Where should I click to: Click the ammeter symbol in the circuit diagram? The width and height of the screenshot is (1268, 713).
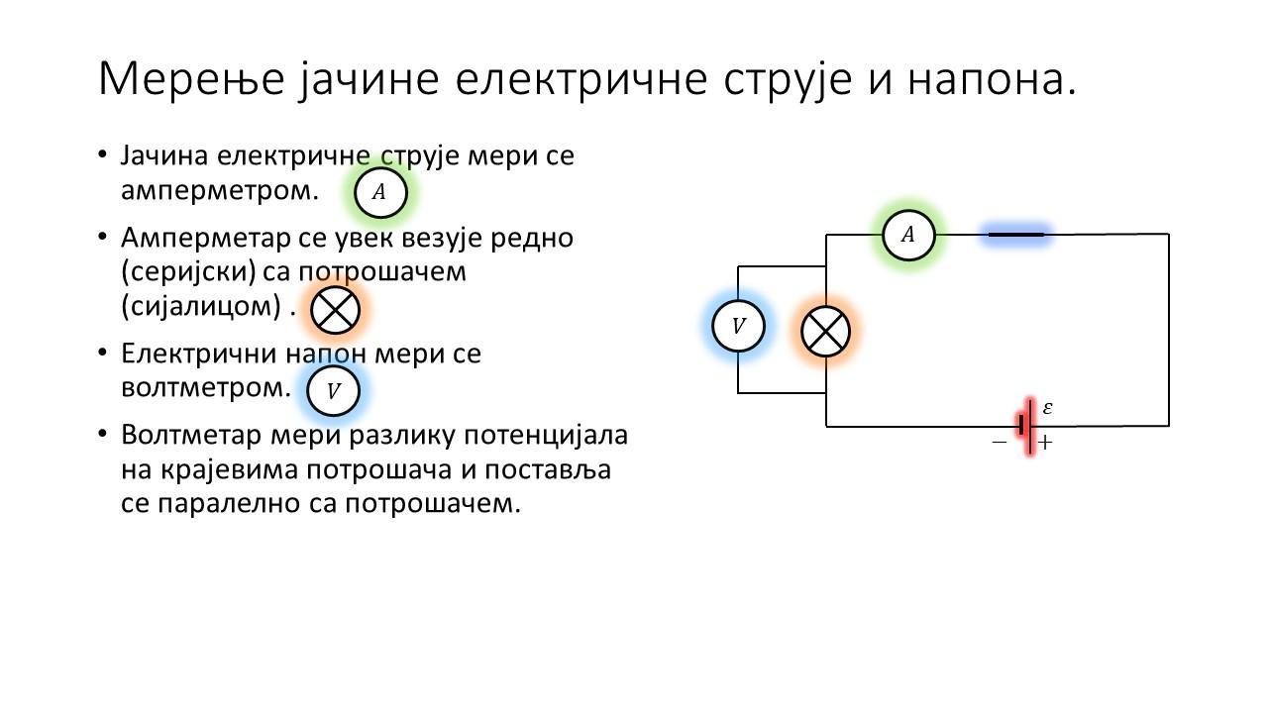click(x=908, y=235)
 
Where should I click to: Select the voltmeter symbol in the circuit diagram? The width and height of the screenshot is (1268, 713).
click(x=738, y=326)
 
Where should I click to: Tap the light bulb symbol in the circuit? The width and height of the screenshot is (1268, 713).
click(x=826, y=332)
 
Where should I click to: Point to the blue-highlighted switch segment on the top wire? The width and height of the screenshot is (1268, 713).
click(x=1016, y=234)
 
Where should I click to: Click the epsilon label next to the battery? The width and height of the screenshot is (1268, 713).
click(x=1047, y=407)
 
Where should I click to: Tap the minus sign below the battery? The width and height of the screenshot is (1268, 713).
click(x=1000, y=442)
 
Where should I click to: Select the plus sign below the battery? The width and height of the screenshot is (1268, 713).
click(x=1045, y=442)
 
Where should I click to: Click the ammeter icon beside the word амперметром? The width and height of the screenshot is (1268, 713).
click(x=380, y=192)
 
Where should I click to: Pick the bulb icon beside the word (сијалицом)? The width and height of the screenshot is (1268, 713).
click(x=335, y=310)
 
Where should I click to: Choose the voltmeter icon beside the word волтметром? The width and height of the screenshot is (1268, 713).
click(x=334, y=390)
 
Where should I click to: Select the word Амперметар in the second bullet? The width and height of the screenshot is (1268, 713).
click(x=205, y=239)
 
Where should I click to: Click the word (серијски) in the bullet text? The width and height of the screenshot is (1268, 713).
click(x=188, y=271)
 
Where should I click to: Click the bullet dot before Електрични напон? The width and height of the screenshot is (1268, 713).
click(x=102, y=353)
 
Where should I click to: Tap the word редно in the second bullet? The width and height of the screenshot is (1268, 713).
click(x=532, y=239)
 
